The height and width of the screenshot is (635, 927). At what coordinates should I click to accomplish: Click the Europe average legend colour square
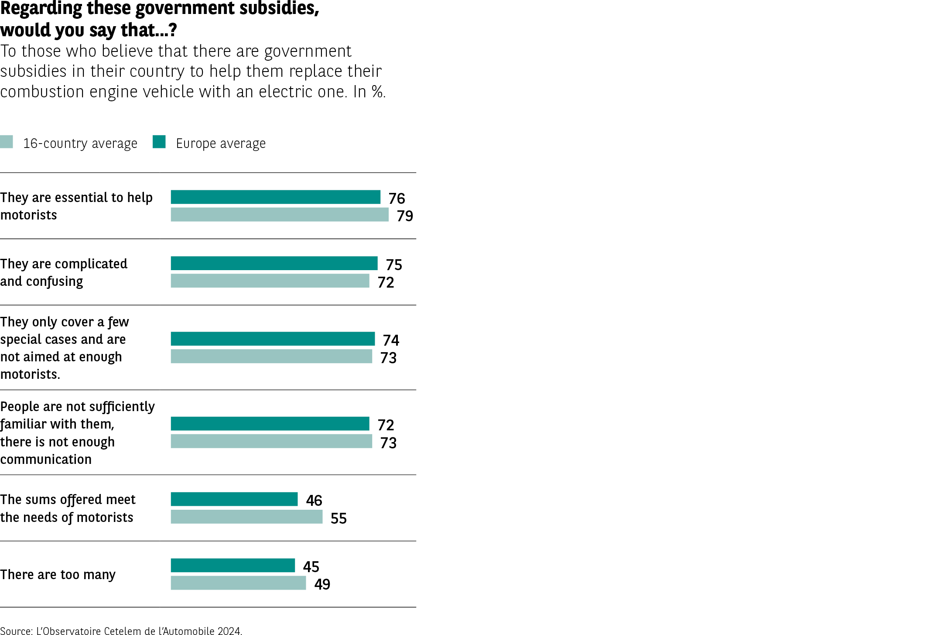coord(159,142)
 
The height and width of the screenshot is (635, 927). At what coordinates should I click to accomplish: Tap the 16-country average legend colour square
coord(7,142)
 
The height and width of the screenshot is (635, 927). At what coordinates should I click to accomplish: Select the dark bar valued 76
coord(275,197)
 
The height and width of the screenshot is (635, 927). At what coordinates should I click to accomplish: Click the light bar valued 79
coord(280,215)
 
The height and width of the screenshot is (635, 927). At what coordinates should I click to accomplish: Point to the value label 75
coord(394,264)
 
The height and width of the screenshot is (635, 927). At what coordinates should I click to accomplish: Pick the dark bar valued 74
coord(273,339)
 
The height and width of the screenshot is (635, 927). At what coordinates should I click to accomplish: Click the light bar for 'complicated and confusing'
coord(270,281)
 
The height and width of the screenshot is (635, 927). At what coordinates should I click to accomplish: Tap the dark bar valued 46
coord(234,499)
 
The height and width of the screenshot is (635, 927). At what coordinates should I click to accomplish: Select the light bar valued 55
coord(246,517)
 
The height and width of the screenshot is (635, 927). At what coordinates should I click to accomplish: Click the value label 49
coord(322,584)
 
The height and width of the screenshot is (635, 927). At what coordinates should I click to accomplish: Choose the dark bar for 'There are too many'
coord(233,565)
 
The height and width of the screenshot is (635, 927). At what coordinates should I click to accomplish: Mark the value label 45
coord(311,566)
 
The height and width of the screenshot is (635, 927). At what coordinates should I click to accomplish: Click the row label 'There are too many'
coord(58,574)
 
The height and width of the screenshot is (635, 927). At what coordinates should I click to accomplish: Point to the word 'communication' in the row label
coord(46,459)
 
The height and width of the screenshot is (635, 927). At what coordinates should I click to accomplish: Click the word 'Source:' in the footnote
coord(16,631)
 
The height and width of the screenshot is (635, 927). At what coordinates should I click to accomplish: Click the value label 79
coord(405,216)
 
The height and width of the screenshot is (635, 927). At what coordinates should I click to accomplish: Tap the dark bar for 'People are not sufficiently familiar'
coord(270,424)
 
